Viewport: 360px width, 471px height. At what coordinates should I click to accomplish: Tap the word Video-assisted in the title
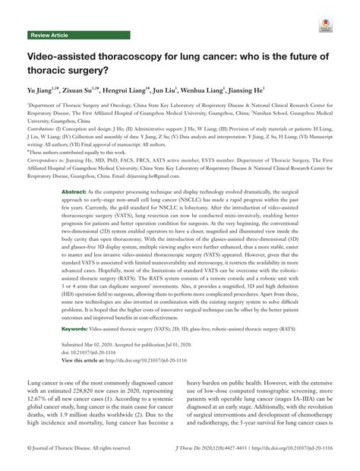tap(57, 59)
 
